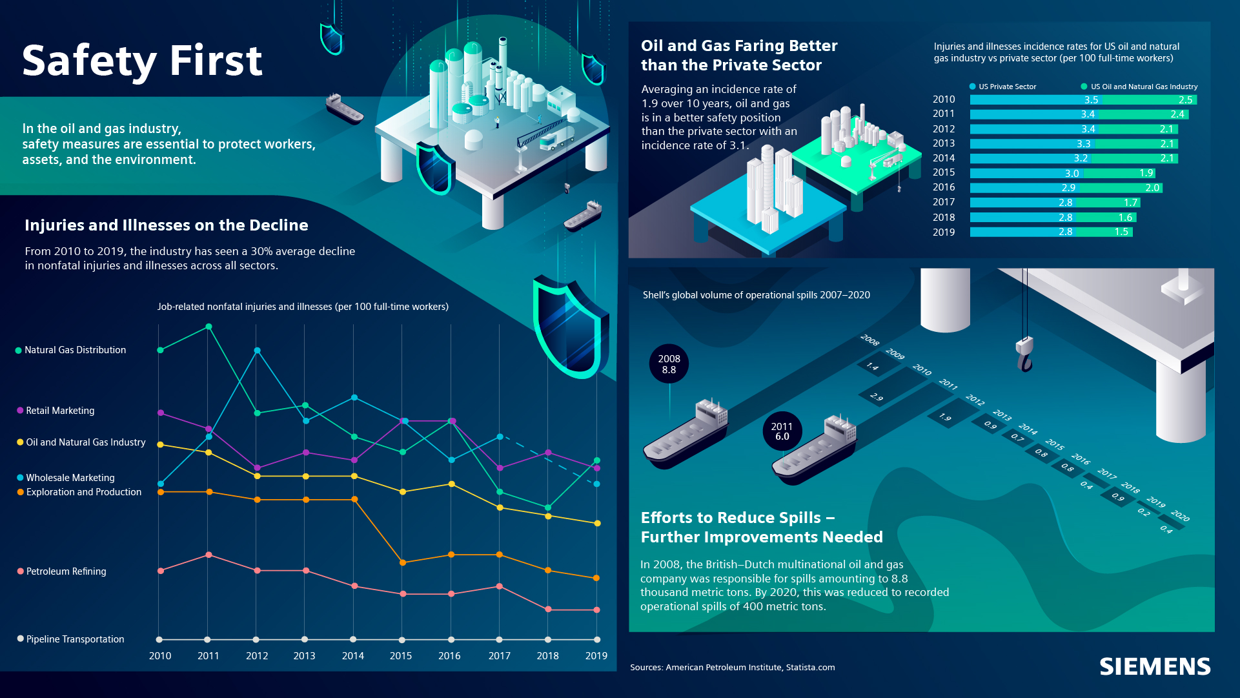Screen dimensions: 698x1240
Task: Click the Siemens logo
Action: pos(1155,666)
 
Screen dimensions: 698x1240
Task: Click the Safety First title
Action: pos(142,61)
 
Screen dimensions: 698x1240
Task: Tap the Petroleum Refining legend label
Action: pos(66,571)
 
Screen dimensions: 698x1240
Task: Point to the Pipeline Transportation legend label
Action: pos(75,639)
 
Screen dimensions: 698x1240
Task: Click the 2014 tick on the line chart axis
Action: pos(352,656)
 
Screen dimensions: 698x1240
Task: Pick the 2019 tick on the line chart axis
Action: pos(596,656)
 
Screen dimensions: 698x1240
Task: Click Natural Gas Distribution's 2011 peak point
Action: pos(208,327)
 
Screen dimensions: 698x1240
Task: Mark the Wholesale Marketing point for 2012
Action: pos(257,351)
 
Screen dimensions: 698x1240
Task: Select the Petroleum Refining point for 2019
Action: pos(596,610)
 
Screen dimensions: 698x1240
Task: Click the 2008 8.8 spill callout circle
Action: pos(669,364)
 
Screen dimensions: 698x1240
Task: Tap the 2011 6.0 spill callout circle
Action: pos(782,431)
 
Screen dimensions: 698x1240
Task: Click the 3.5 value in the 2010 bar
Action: pos(1091,100)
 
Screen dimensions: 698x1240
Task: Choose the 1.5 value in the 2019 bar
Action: pos(1121,232)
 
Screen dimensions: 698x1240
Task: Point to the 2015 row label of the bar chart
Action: pos(943,172)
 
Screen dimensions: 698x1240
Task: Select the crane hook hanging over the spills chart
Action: pos(1024,355)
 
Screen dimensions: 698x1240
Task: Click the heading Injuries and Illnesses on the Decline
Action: pos(166,225)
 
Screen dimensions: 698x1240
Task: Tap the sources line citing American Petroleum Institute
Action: pos(732,668)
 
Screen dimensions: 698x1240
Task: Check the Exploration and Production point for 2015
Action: pos(403,562)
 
